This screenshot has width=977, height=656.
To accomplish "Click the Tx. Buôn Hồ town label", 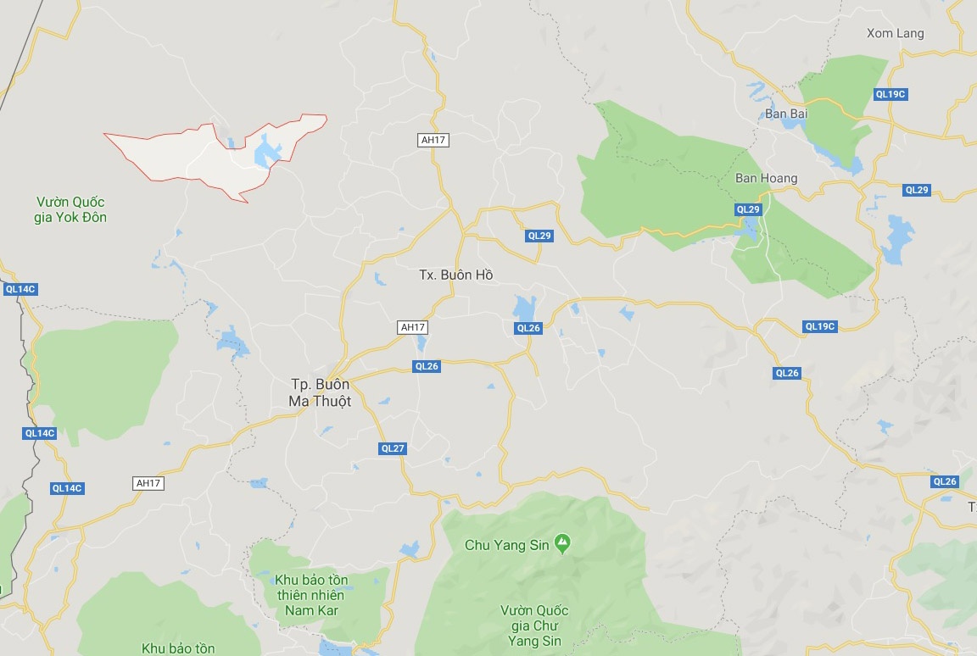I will click(x=455, y=275).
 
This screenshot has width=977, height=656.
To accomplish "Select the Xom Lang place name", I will click(x=895, y=33).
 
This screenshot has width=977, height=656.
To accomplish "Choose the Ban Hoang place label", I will click(x=766, y=178).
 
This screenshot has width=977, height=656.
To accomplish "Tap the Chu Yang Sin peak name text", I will click(x=507, y=545).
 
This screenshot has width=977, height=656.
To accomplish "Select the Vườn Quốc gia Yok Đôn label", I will click(x=71, y=209).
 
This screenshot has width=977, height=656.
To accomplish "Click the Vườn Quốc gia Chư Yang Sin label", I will click(x=534, y=625).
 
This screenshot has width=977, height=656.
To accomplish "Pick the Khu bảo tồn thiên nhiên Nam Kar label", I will click(x=311, y=595).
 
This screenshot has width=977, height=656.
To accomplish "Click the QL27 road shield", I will click(x=393, y=448).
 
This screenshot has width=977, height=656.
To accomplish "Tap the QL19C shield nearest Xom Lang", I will click(x=890, y=94).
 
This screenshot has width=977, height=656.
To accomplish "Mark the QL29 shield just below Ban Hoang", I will click(x=748, y=209).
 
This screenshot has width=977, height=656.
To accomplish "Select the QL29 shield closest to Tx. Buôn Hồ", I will click(x=539, y=236).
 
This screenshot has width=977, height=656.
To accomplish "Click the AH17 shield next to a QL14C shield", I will click(x=148, y=483).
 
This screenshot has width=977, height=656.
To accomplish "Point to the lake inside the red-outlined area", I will click(x=268, y=153).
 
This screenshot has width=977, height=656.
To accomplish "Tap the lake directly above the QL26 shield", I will click(x=524, y=309).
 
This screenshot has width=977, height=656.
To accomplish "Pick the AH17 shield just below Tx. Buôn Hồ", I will click(x=412, y=326).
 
